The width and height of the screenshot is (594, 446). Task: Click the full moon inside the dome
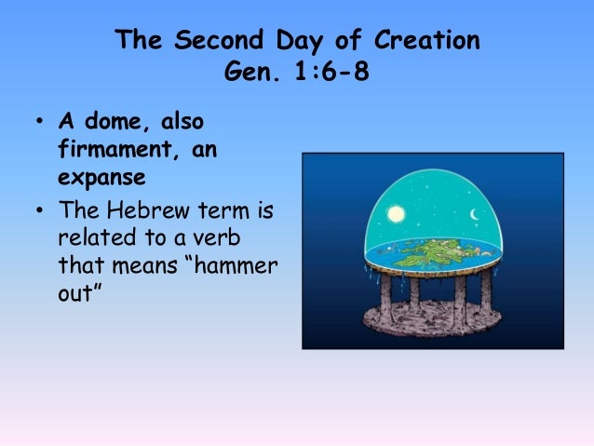[x=397, y=215]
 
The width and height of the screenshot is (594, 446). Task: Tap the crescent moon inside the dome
[x=475, y=217]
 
